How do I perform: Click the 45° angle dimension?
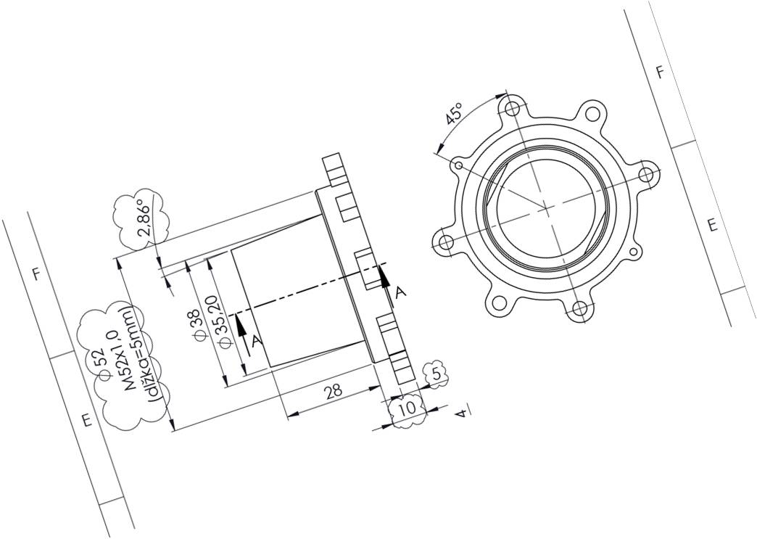click(x=455, y=113)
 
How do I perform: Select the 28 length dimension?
click(x=333, y=390)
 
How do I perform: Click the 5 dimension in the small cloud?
click(x=436, y=373)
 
